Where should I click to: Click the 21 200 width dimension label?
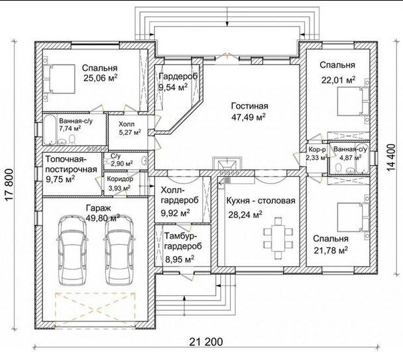pyautogui.click(x=206, y=342)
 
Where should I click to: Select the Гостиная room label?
pyautogui.click(x=250, y=106)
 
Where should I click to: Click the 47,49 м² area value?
pyautogui.click(x=248, y=117)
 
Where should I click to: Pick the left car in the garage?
pyautogui.click(x=72, y=250)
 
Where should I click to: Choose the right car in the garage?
pyautogui.click(x=119, y=250)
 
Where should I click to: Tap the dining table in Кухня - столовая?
pyautogui.click(x=278, y=238)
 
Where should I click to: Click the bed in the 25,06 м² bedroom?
pyautogui.click(x=59, y=79)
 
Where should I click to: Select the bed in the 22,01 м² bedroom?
pyautogui.click(x=354, y=102)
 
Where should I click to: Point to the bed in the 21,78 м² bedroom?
pyautogui.click(x=354, y=217)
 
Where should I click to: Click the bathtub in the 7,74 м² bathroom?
pyautogui.click(x=49, y=130)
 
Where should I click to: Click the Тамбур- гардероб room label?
pyautogui.click(x=183, y=241)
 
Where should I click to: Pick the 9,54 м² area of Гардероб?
pyautogui.click(x=173, y=87)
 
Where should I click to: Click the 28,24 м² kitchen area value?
pyautogui.click(x=246, y=215)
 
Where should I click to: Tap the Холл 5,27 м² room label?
pyautogui.click(x=130, y=129)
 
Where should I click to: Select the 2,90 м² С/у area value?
pyautogui.click(x=122, y=163)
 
